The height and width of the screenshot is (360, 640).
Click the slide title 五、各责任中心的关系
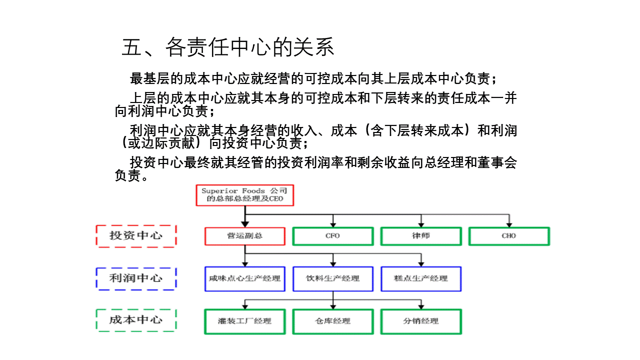tap(227, 47)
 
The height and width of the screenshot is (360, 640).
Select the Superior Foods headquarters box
tap(245, 195)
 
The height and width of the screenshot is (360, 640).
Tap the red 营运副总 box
tap(245, 236)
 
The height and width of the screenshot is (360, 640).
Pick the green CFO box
tap(333, 236)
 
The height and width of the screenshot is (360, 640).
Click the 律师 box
tap(421, 236)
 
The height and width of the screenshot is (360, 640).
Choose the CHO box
tap(509, 236)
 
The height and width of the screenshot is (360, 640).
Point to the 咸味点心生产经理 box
tap(245, 279)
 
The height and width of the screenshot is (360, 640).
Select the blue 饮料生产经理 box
tap(333, 279)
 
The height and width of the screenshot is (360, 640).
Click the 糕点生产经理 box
tap(421, 279)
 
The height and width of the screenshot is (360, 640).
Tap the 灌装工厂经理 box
tap(245, 321)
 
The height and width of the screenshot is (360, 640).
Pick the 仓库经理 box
tap(333, 321)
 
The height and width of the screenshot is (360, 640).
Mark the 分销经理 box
tap(421, 321)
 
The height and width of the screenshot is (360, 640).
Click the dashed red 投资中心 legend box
tap(136, 236)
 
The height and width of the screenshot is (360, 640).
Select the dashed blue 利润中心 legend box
tap(136, 279)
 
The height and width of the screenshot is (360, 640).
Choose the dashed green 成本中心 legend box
tap(136, 320)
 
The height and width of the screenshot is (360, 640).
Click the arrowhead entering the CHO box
tap(509, 225)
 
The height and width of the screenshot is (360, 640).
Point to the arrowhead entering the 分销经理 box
tap(421, 307)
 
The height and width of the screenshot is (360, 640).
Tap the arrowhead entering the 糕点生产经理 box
tap(421, 264)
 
